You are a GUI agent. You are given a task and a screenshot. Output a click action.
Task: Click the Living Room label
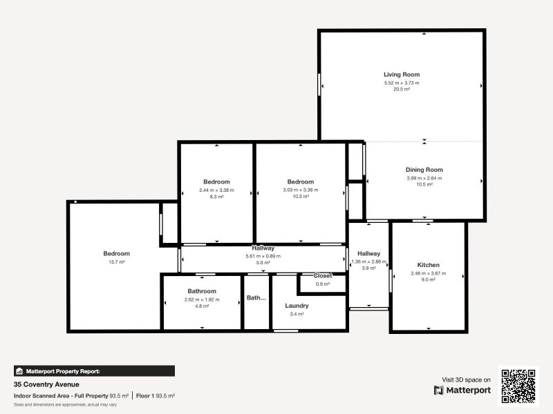coord(402,75)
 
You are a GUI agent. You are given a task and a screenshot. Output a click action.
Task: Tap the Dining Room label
coord(424,170)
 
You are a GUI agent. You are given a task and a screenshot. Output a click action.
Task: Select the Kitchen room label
coord(428,265)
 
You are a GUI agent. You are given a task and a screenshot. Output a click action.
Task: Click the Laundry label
coord(297,306)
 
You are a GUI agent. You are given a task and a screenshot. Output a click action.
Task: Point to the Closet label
coord(323,276)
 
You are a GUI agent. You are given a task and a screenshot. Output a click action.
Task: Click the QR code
coord(518,386)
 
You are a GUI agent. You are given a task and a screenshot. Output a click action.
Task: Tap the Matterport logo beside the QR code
coord(462,391)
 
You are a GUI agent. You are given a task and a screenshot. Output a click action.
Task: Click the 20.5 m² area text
coord(402,90)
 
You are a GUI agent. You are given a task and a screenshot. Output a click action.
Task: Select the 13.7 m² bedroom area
coord(116,262)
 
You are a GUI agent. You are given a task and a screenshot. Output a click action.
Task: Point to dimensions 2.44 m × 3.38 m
coord(216,190)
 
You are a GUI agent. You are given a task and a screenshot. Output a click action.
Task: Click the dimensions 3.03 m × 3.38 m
coord(301,190)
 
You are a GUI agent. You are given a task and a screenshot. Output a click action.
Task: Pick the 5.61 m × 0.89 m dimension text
coord(263,256)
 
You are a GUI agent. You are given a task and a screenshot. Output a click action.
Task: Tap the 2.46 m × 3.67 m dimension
coord(429,273)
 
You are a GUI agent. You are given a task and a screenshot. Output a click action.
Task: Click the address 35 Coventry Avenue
coord(46,384)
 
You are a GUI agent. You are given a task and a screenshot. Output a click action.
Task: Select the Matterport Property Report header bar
coord(94,371)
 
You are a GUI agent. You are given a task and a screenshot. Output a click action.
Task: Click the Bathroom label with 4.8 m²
coord(202,291)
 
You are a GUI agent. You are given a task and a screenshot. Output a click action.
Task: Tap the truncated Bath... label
coord(256,298)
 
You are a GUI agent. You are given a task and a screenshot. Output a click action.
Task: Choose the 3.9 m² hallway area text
coord(368,268)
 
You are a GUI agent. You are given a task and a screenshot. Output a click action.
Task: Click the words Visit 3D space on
coord(467,379)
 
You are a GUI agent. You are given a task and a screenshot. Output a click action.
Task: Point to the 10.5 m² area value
coord(424,184)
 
